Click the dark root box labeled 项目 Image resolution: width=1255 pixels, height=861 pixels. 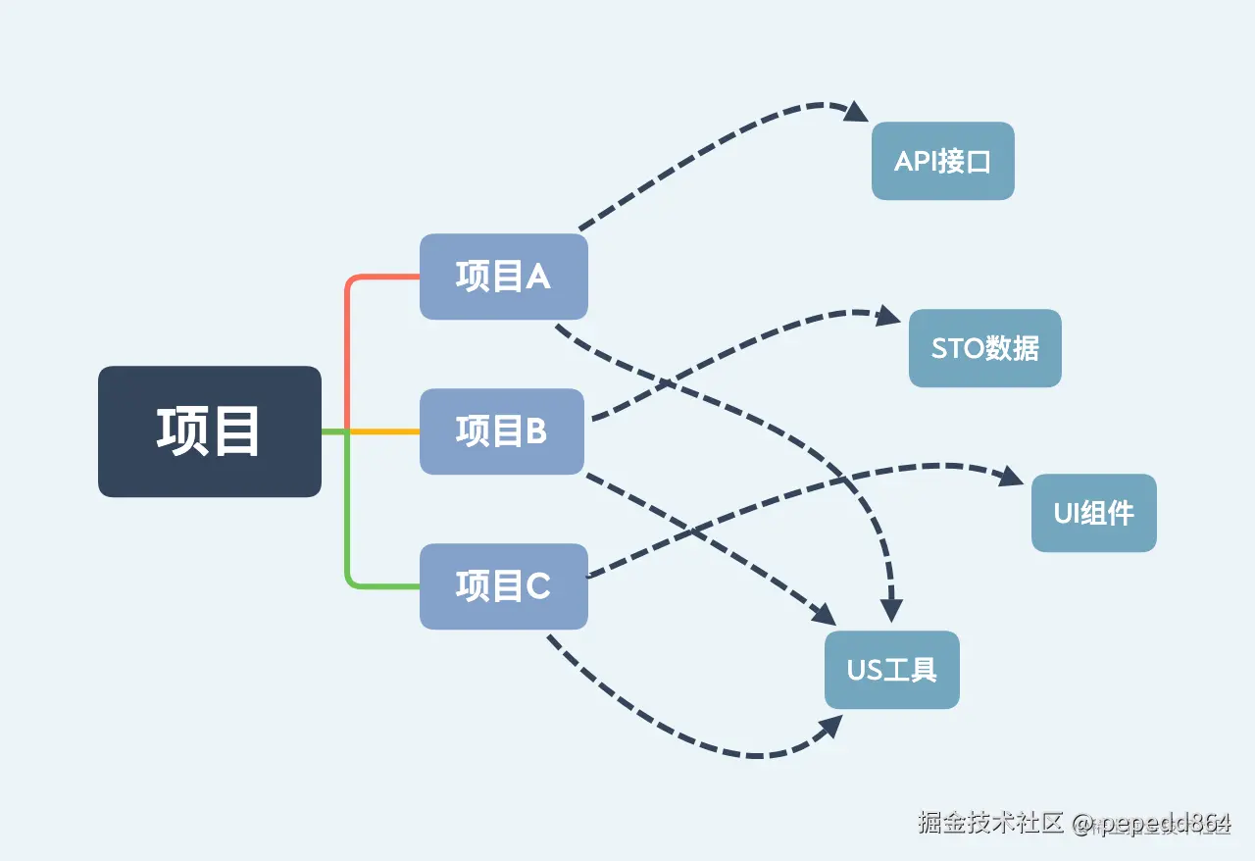(x=210, y=431)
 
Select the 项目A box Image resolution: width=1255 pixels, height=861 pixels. (x=504, y=277)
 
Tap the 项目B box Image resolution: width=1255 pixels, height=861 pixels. (x=502, y=431)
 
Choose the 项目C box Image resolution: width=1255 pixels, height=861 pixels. (x=504, y=586)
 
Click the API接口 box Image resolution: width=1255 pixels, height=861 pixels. (x=942, y=161)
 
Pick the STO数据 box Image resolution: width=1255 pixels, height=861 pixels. (x=984, y=348)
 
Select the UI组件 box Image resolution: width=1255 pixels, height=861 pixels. (x=1093, y=513)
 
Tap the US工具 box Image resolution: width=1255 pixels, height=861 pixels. (x=891, y=670)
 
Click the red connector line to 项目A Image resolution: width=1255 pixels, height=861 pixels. (x=349, y=333)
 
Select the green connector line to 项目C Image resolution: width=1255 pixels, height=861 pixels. (x=349, y=530)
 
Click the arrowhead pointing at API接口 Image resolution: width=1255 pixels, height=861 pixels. (x=860, y=112)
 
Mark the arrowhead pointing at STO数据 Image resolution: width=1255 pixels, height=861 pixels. (x=890, y=316)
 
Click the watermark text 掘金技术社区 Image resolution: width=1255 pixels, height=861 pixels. (x=990, y=822)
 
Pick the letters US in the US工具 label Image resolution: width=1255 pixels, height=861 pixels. (x=866, y=670)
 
